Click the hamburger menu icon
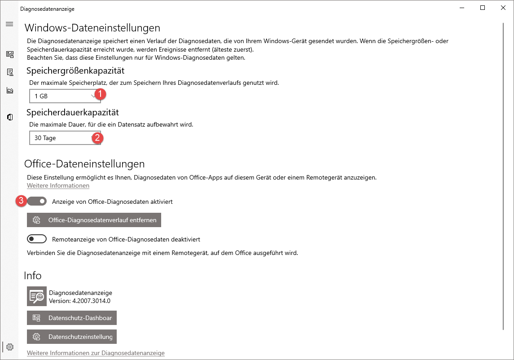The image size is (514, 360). (9, 24)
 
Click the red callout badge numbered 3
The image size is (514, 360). (21, 201)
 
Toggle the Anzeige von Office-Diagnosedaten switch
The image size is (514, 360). (37, 202)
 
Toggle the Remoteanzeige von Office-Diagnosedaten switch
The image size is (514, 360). (37, 239)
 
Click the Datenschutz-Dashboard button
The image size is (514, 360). (72, 318)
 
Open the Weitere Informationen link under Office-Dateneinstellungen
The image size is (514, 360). (58, 185)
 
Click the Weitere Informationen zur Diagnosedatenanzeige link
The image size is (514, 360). (96, 353)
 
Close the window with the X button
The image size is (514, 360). (503, 8)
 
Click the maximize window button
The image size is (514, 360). (483, 8)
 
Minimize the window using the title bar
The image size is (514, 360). (462, 8)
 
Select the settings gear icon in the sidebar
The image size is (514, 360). (10, 347)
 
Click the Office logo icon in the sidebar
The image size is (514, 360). (10, 117)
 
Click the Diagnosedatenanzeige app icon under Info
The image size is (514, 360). (37, 296)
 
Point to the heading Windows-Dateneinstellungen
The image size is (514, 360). (92, 28)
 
